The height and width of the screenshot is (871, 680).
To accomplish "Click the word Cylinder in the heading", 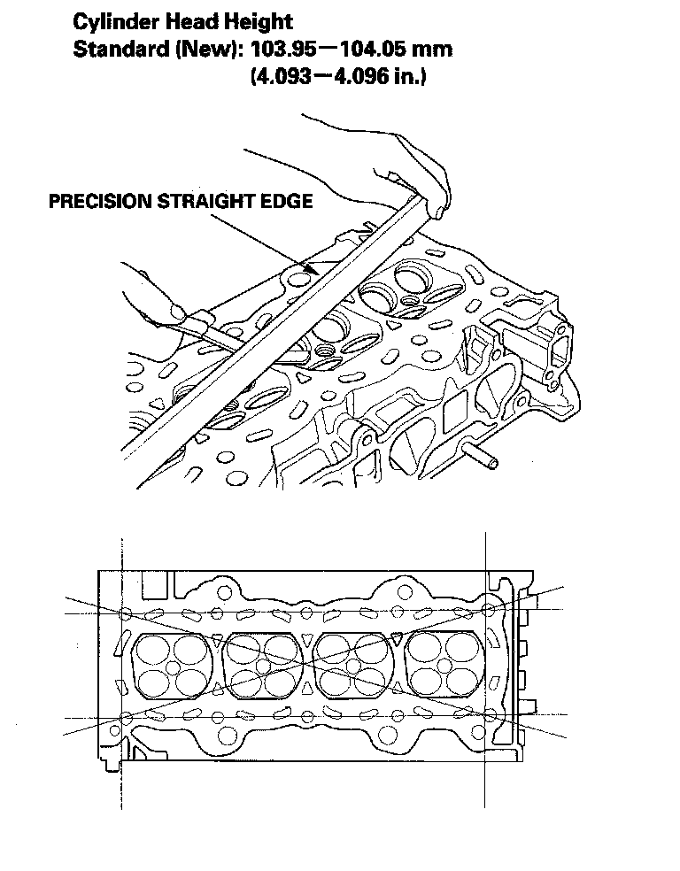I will [110, 20].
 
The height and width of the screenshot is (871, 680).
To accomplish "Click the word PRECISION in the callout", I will [99, 201].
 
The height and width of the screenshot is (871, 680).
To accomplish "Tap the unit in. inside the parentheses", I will [412, 77].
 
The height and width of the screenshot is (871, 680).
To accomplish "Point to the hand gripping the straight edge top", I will [416, 173].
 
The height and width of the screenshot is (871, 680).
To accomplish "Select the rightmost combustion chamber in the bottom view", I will [445, 665].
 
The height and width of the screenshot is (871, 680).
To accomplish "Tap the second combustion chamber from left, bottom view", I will [263, 666].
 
